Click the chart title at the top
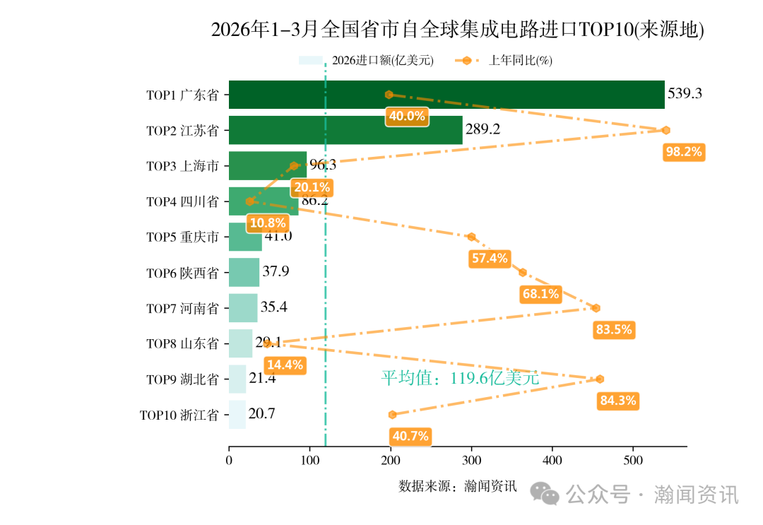(458, 30)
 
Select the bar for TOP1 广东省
(446, 95)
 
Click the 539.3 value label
(685, 93)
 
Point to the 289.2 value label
(483, 129)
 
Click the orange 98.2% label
(685, 152)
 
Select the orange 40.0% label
(406, 117)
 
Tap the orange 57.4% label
(490, 259)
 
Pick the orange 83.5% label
(614, 329)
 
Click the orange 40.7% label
(410, 436)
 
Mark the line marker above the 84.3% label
(600, 379)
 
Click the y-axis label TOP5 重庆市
(182, 237)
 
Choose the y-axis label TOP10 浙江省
(179, 415)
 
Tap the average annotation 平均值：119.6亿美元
(460, 378)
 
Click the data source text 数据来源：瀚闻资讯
(458, 486)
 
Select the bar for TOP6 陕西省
(244, 273)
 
